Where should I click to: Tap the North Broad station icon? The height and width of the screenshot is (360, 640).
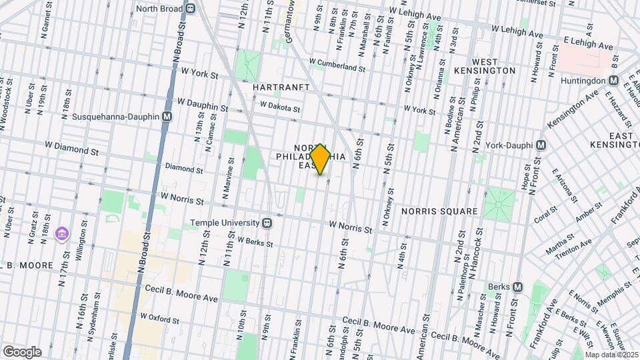[x=191, y=9]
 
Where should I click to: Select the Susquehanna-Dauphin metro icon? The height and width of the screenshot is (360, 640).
[x=167, y=116]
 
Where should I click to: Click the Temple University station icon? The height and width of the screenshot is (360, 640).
[x=267, y=223]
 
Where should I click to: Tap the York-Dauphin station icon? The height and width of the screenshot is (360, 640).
[x=541, y=145]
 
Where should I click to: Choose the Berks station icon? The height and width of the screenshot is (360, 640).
[x=517, y=287]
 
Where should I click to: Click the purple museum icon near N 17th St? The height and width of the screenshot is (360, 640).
[x=63, y=233]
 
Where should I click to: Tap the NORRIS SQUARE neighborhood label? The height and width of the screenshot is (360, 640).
[x=439, y=211]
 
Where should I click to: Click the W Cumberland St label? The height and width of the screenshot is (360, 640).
[x=337, y=67]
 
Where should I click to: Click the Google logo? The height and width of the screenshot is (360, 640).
[x=22, y=351]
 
